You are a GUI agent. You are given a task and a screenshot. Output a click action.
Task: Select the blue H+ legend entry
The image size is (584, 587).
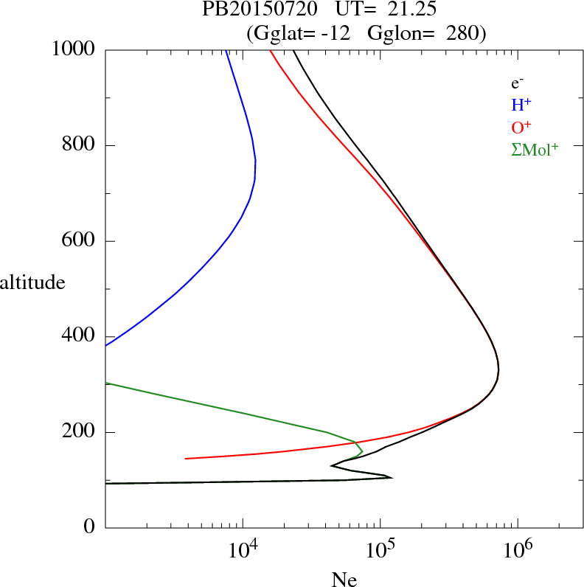coord(521,105)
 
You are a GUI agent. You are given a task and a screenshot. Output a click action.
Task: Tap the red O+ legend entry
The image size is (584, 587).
coord(521,126)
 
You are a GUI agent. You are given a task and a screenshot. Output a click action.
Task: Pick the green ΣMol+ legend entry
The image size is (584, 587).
coord(535,149)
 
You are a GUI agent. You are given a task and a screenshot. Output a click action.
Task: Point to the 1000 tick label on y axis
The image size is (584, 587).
coord(74,49)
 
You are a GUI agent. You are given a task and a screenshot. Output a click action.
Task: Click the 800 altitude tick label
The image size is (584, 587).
coord(79,145)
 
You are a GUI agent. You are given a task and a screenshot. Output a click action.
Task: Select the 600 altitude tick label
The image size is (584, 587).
coord(79,241)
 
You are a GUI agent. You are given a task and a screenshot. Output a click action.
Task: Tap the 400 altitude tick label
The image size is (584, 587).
coord(79,336)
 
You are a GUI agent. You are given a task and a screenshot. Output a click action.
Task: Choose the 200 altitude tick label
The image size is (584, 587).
coord(79,432)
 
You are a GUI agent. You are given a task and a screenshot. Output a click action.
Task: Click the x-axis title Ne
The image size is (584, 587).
coord(344,580)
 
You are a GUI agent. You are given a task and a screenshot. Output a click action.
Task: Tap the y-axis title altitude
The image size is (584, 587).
coord(32,282)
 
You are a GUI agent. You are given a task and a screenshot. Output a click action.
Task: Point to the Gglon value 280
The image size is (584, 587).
coord(465,32)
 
